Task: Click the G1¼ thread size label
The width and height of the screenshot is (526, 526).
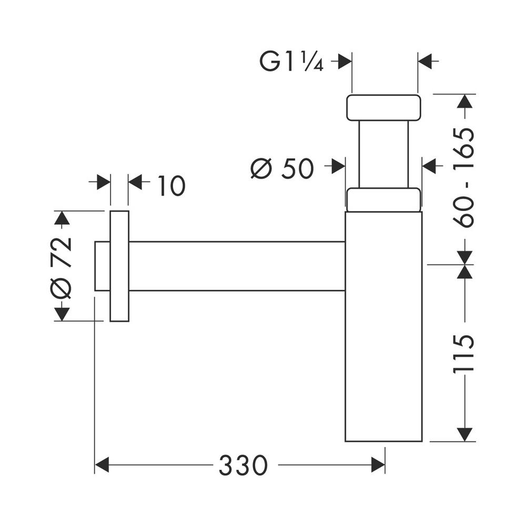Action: [291, 62]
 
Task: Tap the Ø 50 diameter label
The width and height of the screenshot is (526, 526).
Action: [282, 168]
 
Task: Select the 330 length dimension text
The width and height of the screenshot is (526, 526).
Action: [244, 465]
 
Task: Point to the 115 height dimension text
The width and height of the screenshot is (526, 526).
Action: [464, 353]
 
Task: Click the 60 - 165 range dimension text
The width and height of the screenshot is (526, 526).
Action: [464, 177]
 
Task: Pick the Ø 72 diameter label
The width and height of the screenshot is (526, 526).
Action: [61, 267]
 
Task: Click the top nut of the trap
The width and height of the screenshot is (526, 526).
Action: [383, 108]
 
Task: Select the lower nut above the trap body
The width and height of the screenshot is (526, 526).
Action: [383, 200]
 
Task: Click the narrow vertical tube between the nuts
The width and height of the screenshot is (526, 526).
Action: [383, 154]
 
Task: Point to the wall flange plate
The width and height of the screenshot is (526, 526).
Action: [119, 266]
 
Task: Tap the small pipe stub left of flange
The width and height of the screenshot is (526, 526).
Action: [102, 266]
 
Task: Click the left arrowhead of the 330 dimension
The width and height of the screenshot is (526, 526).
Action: [102, 465]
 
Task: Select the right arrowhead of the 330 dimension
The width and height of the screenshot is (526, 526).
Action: [378, 465]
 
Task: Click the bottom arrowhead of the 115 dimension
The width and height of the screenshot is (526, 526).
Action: [464, 434]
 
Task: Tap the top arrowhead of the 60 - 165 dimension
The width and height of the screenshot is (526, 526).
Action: [464, 101]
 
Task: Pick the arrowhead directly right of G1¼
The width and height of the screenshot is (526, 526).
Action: [345, 62]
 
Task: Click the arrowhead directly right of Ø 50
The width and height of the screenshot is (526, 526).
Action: [338, 167]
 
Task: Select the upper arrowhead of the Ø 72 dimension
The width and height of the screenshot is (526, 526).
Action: [62, 218]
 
